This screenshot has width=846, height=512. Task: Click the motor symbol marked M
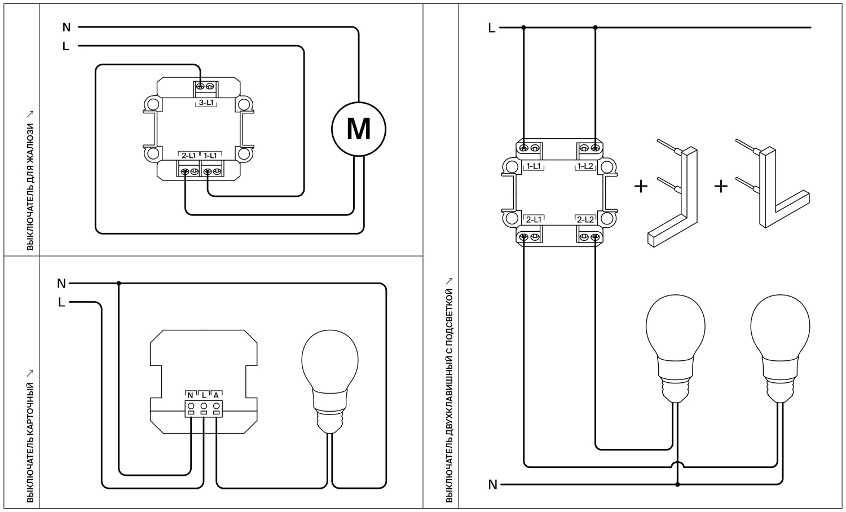tap(358, 129)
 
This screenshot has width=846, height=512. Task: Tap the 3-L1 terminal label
tap(206, 103)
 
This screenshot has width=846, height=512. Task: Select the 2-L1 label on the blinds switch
tap(188, 155)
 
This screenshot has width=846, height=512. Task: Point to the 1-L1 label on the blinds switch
tap(210, 155)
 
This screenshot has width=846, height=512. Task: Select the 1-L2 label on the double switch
tap(585, 166)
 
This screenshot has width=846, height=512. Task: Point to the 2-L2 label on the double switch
tap(585, 219)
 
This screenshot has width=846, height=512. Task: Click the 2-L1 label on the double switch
tap(533, 219)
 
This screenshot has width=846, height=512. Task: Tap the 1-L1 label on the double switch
tap(533, 166)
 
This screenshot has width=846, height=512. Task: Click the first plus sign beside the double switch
tap(641, 186)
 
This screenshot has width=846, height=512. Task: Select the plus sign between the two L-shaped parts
tap(721, 186)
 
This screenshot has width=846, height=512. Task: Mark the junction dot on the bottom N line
tap(677, 484)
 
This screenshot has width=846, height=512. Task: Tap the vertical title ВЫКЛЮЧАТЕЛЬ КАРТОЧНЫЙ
tap(30, 440)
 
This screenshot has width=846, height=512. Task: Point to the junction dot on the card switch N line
tap(118, 283)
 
